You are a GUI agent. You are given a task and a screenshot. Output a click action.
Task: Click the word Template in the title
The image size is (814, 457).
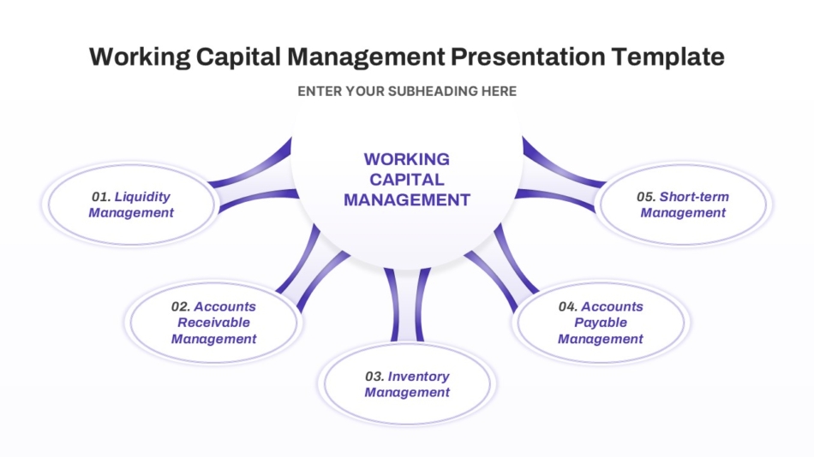click(x=667, y=57)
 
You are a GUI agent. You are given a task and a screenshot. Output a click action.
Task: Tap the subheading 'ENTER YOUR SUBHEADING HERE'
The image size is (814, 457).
click(x=407, y=92)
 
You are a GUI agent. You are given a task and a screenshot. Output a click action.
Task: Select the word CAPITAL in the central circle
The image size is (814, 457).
click(x=407, y=180)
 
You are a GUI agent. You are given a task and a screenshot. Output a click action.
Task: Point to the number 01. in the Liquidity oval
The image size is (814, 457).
click(x=101, y=197)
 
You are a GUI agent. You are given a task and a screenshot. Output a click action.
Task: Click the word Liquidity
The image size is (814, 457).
click(x=142, y=197)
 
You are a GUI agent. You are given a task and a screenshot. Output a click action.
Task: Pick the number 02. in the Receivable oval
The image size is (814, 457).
click(x=181, y=306)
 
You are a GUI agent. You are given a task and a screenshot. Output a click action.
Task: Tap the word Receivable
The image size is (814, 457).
click(x=214, y=322)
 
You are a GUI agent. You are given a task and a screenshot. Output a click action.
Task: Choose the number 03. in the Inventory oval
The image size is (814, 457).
click(x=374, y=376)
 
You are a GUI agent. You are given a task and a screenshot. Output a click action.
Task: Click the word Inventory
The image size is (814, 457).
click(x=418, y=377)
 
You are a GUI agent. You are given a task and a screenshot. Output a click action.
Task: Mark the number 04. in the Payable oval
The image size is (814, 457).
click(x=568, y=306)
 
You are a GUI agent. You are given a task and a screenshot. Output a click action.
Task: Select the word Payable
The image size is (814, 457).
click(x=601, y=323)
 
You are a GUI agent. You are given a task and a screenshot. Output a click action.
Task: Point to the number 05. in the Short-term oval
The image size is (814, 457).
click(x=646, y=197)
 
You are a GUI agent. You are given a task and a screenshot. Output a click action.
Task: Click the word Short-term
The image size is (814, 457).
click(x=694, y=197)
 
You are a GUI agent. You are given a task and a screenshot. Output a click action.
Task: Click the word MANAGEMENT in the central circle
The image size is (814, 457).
click(x=407, y=199)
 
